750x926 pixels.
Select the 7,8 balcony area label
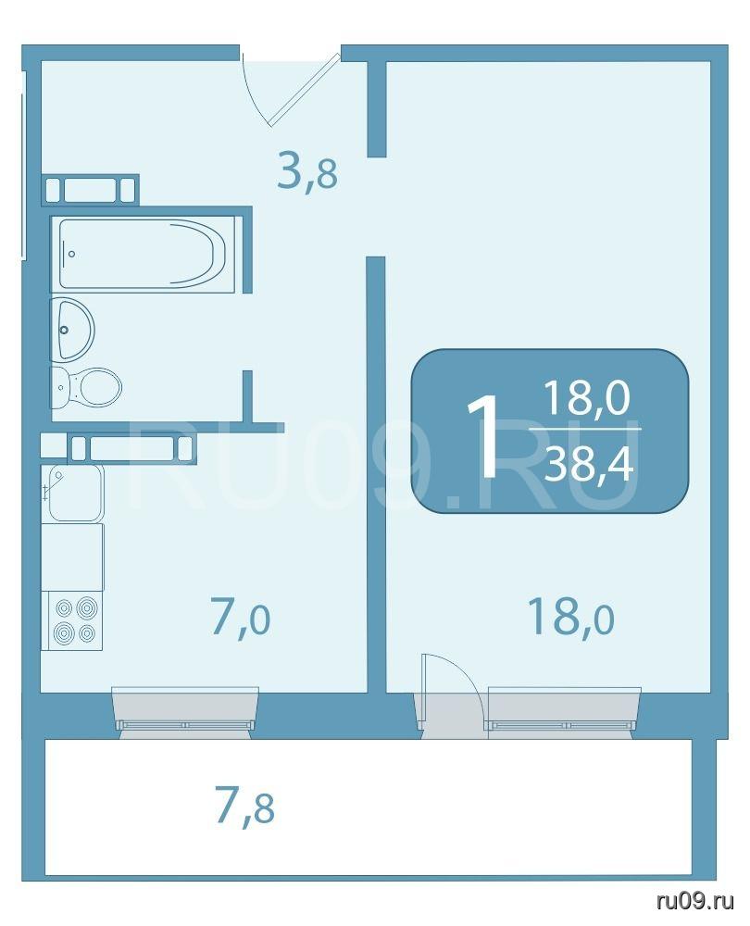(x=245, y=807)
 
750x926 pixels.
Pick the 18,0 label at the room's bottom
(x=571, y=616)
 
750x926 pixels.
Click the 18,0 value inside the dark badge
(x=587, y=397)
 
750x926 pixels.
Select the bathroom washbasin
(x=72, y=330)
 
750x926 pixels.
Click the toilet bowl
(x=86, y=387)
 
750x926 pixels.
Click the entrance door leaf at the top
(x=305, y=90)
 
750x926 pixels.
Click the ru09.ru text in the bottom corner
(x=695, y=901)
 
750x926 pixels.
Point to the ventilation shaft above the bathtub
(x=91, y=190)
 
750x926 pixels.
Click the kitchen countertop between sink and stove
(x=72, y=557)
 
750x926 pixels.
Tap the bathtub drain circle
(x=72, y=254)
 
